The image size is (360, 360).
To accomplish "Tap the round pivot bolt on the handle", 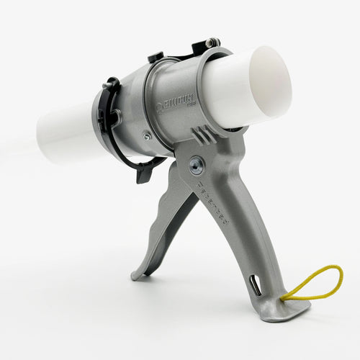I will click(x=195, y=166).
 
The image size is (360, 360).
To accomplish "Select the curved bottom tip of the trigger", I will click(x=139, y=275).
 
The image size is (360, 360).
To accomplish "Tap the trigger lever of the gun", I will click(x=166, y=216).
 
